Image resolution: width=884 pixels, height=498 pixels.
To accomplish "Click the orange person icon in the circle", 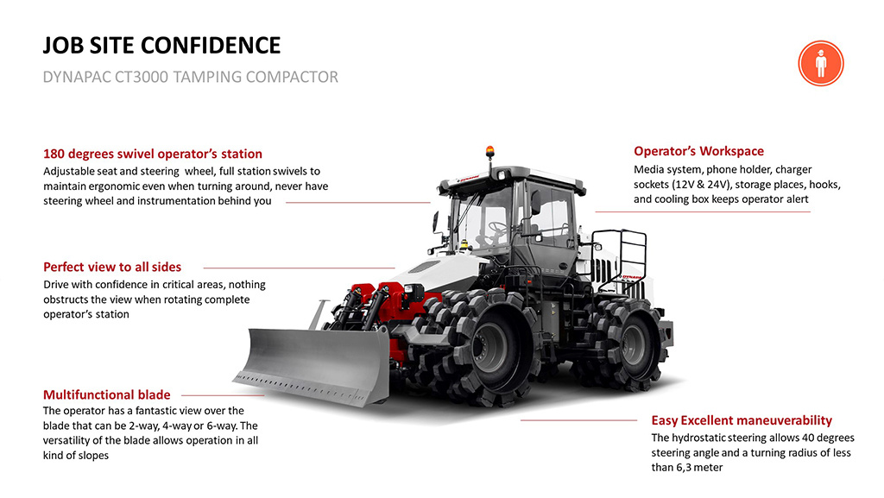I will point(820,63).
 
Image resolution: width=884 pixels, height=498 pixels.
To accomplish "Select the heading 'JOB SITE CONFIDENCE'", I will point(161,46).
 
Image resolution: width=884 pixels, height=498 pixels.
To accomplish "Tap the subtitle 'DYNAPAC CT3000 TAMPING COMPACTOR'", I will point(190,78).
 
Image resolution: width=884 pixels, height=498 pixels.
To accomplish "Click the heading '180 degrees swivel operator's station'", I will point(153,154).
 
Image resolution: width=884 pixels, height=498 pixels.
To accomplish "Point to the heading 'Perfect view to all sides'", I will point(112,267).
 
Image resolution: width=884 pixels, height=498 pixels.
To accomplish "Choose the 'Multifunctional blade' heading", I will point(107,394).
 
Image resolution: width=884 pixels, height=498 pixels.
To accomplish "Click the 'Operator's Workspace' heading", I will point(698,151).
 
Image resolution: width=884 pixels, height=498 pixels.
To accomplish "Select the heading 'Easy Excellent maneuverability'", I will point(742,420).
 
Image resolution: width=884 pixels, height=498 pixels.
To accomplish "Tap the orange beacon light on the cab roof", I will point(489,151).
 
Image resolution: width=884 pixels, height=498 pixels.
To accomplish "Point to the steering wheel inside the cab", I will point(498,228).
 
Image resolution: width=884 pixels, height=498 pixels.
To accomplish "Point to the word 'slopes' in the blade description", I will point(92,455).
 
